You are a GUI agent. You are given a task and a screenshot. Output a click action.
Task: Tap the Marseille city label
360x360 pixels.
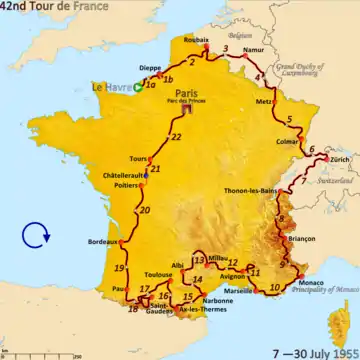[x=239, y=290]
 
